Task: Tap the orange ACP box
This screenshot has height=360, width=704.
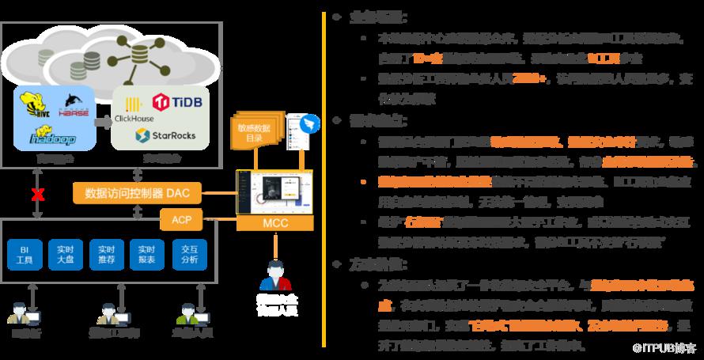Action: tap(181, 218)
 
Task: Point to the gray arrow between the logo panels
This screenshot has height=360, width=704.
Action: tap(102, 122)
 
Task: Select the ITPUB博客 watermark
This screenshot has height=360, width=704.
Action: tap(668, 347)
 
